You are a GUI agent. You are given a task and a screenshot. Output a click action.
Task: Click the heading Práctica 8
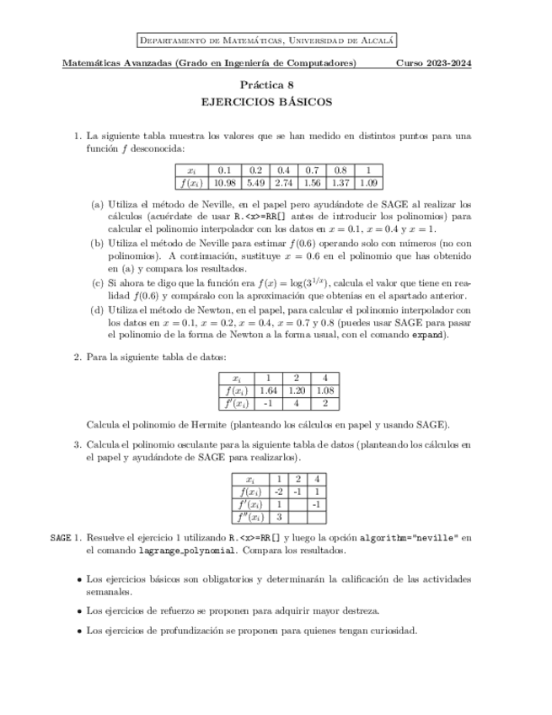[x=267, y=84]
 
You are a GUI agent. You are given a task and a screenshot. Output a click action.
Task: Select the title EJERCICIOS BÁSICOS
[x=267, y=103]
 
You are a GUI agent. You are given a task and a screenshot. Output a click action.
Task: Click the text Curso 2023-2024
[x=433, y=64]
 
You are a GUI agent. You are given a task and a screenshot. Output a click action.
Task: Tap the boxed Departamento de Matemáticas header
[x=267, y=40]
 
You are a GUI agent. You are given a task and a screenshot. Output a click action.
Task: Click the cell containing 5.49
[x=256, y=182]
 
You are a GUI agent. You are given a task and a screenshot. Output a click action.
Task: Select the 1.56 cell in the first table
[x=312, y=182]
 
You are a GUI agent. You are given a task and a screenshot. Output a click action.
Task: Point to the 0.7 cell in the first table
[x=312, y=169]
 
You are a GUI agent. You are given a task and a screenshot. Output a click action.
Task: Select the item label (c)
[x=98, y=282]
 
